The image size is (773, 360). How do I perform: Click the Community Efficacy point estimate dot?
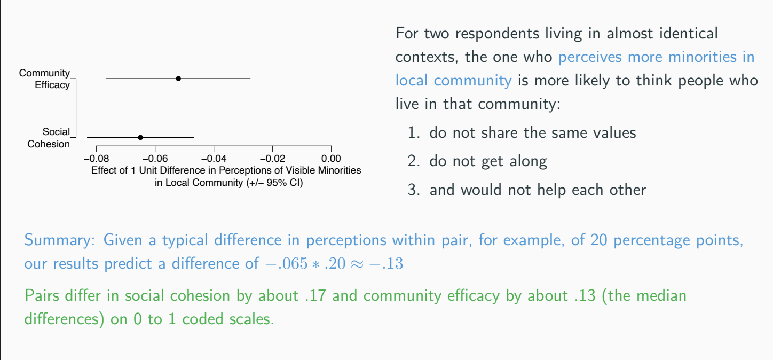click(178, 79)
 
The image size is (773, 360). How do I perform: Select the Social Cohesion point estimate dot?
click(140, 137)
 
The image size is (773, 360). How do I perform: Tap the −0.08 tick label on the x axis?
click(96, 159)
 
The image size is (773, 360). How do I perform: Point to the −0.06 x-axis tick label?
click(155, 159)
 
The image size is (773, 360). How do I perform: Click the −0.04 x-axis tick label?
click(214, 159)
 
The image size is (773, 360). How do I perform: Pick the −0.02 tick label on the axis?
click(272, 159)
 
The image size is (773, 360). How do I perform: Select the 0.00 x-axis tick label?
click(331, 159)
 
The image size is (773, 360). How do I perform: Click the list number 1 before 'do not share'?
click(413, 133)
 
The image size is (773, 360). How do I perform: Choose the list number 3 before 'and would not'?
click(413, 190)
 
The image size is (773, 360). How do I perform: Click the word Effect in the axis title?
click(105, 171)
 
